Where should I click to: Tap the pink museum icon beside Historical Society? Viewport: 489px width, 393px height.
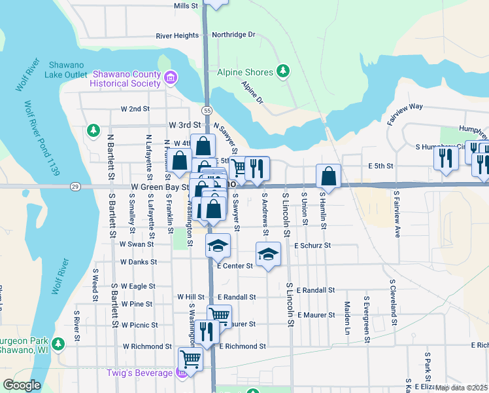pos(171,79)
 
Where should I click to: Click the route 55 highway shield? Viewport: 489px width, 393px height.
pos(207,111)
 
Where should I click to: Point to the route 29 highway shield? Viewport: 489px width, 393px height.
pos(76,187)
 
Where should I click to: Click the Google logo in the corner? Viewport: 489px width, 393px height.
pos(22,385)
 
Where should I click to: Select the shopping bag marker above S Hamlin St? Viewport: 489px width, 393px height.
pos(328,176)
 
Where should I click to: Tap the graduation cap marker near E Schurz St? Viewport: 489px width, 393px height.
pos(268,253)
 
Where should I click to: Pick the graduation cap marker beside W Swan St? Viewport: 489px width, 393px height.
pos(218,246)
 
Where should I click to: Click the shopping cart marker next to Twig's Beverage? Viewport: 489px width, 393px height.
pos(190,358)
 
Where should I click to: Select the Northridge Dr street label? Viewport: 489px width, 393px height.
pos(233,35)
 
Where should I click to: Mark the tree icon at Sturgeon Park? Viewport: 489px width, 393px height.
pos(58,343)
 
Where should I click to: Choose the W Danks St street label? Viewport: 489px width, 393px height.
pos(138,262)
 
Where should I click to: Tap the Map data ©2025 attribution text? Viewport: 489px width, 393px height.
pos(462,387)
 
